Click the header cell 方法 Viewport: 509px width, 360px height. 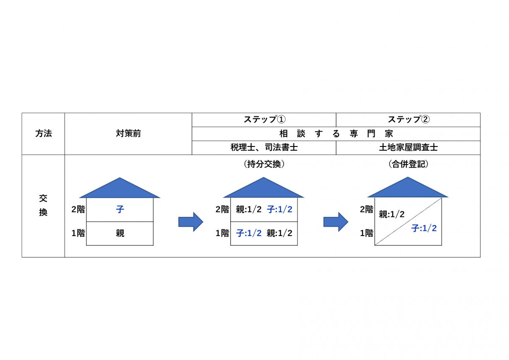point(43,134)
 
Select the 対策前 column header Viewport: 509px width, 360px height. point(128,134)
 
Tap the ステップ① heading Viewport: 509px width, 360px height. point(264,120)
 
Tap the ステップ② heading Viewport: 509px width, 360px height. point(408,120)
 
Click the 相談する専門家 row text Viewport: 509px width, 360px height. point(336,134)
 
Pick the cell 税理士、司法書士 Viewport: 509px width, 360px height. point(264,148)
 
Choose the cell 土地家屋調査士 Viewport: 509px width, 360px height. point(408,148)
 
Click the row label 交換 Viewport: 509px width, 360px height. point(43,206)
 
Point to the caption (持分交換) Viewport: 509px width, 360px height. point(264,165)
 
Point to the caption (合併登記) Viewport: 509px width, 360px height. point(408,165)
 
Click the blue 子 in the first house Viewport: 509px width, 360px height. point(120,210)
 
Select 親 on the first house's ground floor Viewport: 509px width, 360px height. point(120,233)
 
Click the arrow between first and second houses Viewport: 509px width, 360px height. point(190,222)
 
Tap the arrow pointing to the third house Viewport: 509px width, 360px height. point(336,222)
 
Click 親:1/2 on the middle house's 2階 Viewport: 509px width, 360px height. point(249,210)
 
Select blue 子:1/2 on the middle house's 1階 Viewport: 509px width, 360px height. point(249,233)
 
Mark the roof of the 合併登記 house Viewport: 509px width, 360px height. point(408,189)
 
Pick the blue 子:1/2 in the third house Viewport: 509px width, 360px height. point(424,228)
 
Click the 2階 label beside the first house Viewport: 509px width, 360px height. point(78,209)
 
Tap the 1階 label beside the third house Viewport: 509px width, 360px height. point(366,233)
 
